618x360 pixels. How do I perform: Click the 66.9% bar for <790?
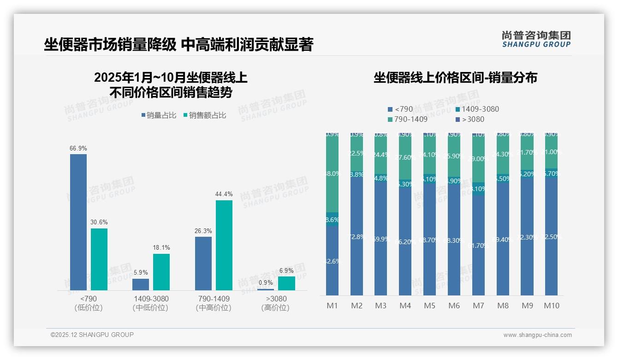78,222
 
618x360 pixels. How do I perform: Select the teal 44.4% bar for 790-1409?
224,245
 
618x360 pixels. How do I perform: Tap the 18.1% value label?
161,248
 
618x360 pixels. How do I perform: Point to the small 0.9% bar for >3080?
266,289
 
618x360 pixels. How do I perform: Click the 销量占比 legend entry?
159,115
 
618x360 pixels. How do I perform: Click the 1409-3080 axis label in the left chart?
150,299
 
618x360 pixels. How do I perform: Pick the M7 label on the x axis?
478,306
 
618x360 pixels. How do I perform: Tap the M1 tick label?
333,306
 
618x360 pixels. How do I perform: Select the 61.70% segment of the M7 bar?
478,245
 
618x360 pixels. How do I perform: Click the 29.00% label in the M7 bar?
478,158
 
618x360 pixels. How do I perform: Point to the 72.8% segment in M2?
357,236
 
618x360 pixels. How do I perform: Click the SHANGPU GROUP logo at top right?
536,39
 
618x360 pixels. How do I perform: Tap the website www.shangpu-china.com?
537,335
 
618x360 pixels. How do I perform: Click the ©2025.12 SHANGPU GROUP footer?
92,335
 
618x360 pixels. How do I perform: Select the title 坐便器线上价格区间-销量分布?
455,78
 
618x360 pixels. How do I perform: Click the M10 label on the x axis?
551,306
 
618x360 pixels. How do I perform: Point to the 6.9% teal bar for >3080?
286,283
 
